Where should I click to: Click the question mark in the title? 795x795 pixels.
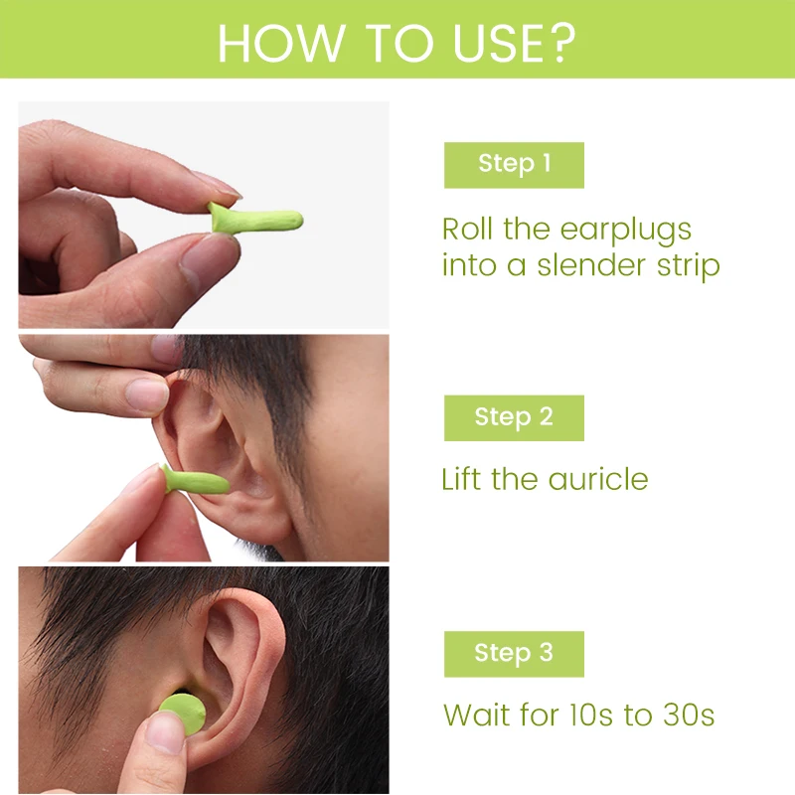(x=562, y=42)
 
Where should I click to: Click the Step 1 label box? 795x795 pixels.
(x=514, y=164)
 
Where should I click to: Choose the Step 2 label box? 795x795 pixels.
(x=514, y=417)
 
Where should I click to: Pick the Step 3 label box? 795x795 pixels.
(x=514, y=653)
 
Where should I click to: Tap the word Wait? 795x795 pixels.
(x=473, y=715)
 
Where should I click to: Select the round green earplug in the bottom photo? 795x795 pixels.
(x=185, y=715)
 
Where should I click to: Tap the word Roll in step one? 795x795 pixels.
(x=467, y=231)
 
